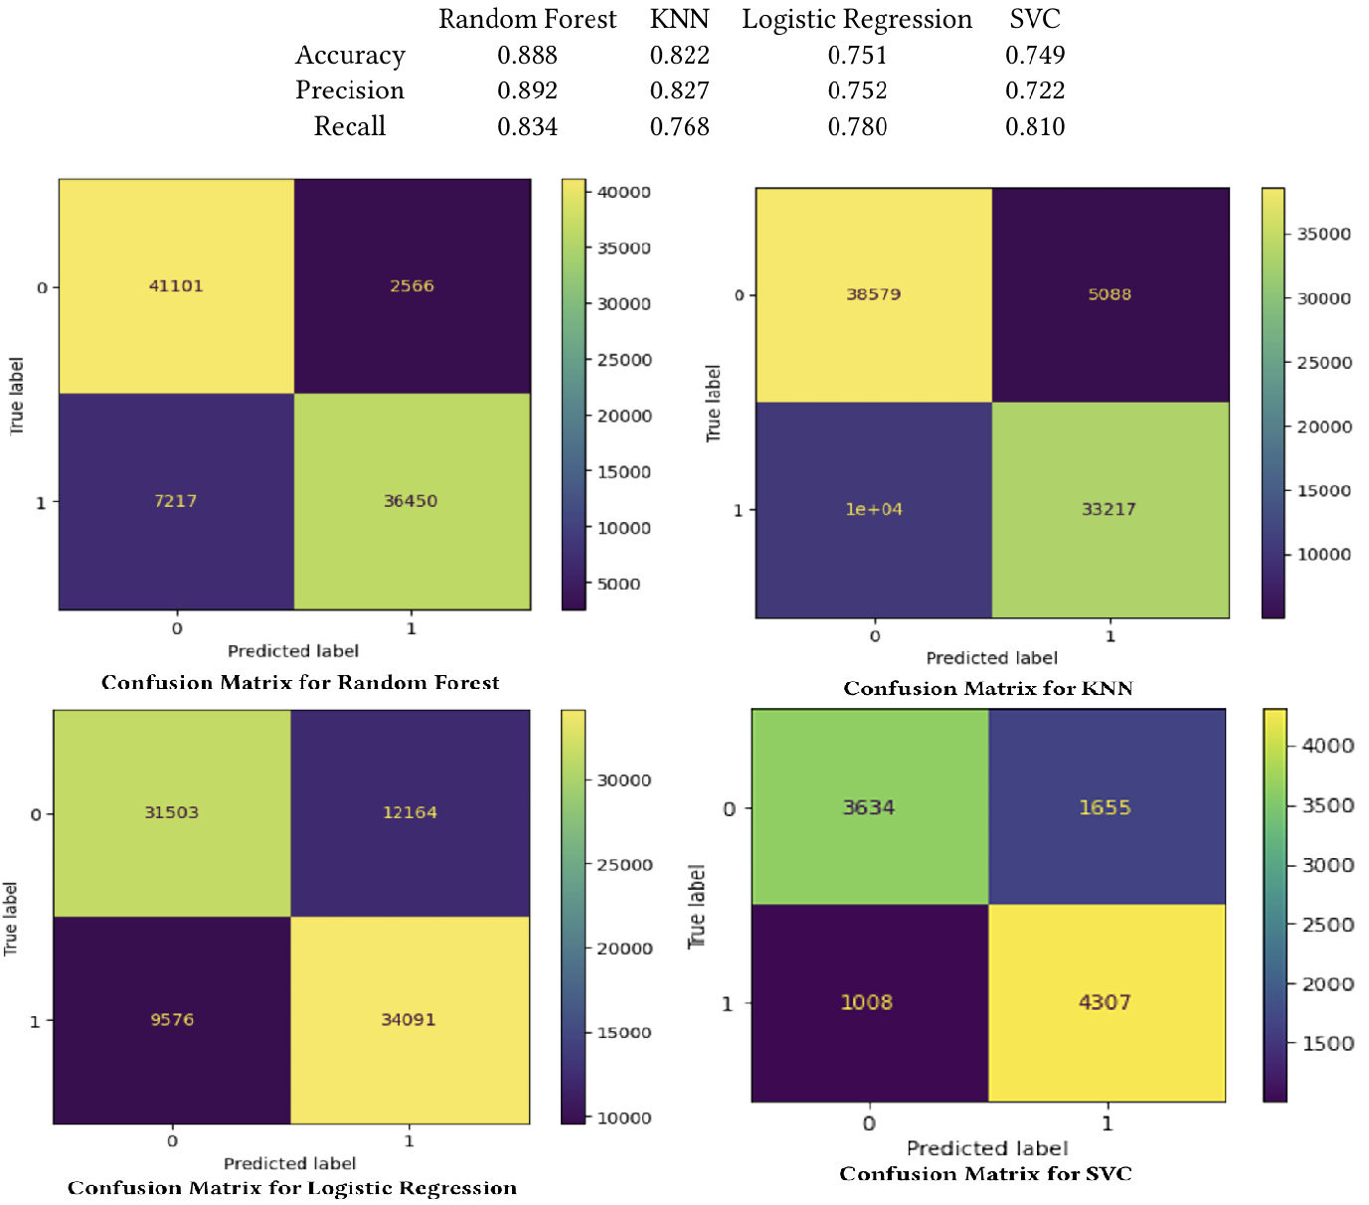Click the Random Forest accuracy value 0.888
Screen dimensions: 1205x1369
pos(527,56)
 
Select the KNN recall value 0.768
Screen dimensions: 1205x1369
pos(679,127)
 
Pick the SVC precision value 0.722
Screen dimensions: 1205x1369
pos(1034,91)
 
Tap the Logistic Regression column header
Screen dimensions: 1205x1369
pos(856,20)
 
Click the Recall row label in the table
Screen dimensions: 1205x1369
pos(349,127)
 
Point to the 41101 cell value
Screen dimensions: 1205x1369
pos(176,286)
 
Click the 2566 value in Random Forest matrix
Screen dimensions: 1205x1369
pos(412,286)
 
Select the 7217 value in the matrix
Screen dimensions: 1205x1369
pos(175,501)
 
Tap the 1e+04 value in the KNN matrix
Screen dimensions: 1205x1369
pos(874,509)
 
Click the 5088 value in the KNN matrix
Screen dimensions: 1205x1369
pos(1110,294)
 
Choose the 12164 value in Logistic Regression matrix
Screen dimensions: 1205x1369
pos(410,812)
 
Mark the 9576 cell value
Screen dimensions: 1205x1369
pos(172,1020)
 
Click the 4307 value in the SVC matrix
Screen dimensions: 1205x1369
pos(1105,1002)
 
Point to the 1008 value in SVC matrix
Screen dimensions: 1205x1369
pos(866,1002)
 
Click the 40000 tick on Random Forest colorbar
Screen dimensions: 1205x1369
pos(623,192)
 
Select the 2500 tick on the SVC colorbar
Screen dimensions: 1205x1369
pos(1328,925)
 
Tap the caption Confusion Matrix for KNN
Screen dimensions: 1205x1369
pos(988,688)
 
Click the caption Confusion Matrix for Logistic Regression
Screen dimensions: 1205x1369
pos(292,1188)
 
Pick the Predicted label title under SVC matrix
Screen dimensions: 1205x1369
pos(987,1148)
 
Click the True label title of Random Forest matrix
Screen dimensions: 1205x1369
pos(16,396)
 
